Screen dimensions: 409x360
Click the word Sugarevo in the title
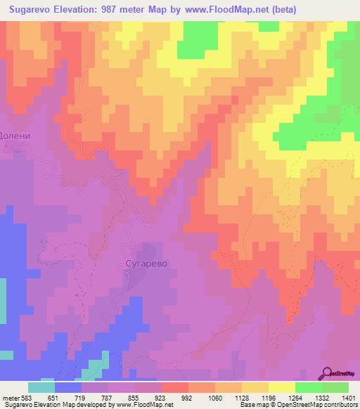pos(33,10)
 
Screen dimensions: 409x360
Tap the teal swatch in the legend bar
pos(41,387)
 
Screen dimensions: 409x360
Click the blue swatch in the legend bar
pos(68,387)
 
